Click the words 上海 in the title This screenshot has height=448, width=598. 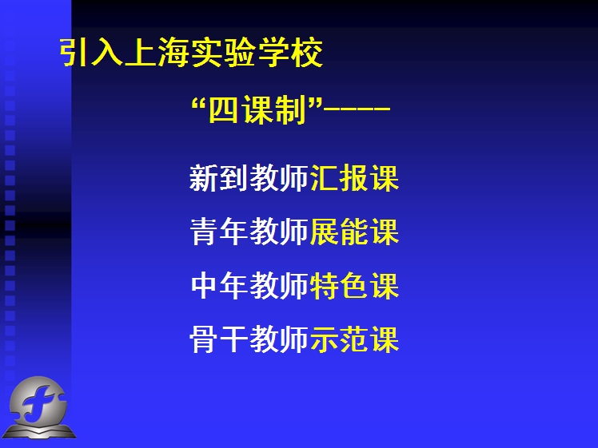click(x=157, y=53)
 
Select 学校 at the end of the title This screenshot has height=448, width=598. click(x=290, y=53)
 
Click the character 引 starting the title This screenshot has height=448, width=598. click(x=75, y=53)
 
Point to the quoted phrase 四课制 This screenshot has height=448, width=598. click(x=257, y=109)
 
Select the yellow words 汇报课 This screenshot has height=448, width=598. click(x=355, y=178)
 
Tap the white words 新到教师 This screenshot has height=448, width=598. click(x=249, y=178)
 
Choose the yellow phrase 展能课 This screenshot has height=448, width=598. click(x=355, y=232)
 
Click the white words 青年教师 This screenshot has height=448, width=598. click(x=249, y=232)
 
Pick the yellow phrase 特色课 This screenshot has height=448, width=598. click(x=355, y=285)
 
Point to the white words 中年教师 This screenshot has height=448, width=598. click(x=249, y=285)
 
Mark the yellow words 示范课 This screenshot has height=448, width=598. click(x=355, y=339)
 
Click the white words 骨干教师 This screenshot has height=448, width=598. click(x=249, y=339)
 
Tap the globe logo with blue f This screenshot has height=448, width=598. click(x=38, y=400)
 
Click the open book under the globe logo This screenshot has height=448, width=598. click(x=39, y=431)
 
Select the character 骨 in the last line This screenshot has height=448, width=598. click(x=204, y=339)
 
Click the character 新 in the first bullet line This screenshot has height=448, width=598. click(x=204, y=178)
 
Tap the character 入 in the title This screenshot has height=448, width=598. click(x=107, y=53)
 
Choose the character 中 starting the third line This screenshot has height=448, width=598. click(x=205, y=285)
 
